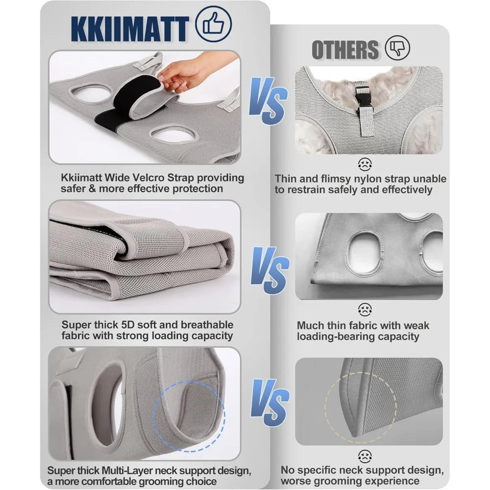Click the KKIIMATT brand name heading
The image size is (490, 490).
(x=130, y=29)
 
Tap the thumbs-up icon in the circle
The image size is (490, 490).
(x=214, y=24)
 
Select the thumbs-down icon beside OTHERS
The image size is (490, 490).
(x=397, y=48)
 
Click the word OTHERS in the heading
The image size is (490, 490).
(x=345, y=49)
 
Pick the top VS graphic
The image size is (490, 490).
(x=268, y=100)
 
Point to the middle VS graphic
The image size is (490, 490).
(x=270, y=270)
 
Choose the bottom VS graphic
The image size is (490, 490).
(x=270, y=403)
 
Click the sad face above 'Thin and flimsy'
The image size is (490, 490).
(x=365, y=164)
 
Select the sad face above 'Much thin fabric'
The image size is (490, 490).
(x=365, y=309)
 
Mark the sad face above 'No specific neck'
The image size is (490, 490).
(x=365, y=456)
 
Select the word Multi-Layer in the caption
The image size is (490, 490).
(x=127, y=470)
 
